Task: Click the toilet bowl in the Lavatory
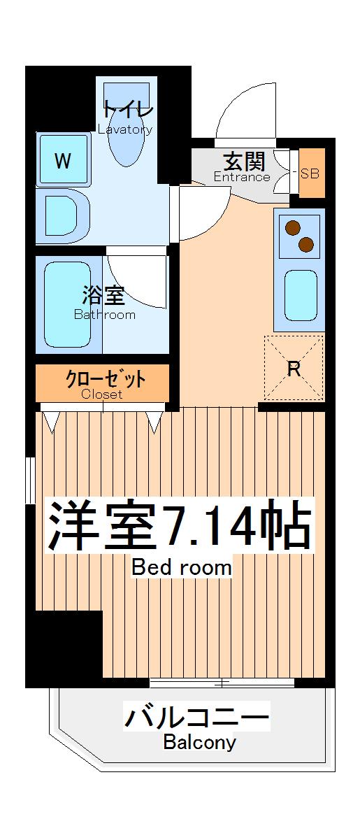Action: click(128, 140)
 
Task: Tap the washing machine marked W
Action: click(64, 161)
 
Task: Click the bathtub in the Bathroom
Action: click(68, 304)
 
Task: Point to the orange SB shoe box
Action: click(310, 173)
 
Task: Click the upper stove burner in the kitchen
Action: click(291, 227)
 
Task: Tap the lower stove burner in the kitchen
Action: click(306, 244)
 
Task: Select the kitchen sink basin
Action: click(301, 295)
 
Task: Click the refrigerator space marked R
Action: click(294, 369)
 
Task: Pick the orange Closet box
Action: click(103, 383)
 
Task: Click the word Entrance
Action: click(242, 177)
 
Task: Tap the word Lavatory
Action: click(125, 130)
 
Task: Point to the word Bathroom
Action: click(105, 315)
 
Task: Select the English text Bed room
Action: click(182, 567)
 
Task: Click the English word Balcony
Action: click(199, 742)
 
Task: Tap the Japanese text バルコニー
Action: click(196, 718)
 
